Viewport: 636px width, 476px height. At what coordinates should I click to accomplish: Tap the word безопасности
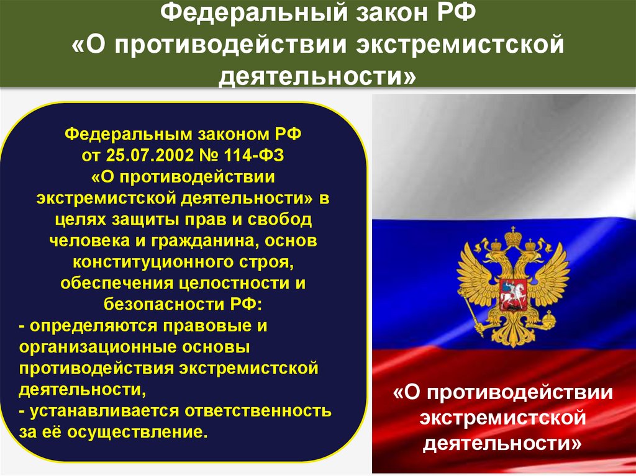pos(161,304)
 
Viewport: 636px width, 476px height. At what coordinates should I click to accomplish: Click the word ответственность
pos(258,411)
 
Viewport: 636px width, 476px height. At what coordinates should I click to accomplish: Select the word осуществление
pos(135,432)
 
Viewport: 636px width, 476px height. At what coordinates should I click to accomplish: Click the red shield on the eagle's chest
pos(512,291)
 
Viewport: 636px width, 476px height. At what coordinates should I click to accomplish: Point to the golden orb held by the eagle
pos(549,321)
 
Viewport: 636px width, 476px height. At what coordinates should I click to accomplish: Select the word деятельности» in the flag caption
pos(502,444)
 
